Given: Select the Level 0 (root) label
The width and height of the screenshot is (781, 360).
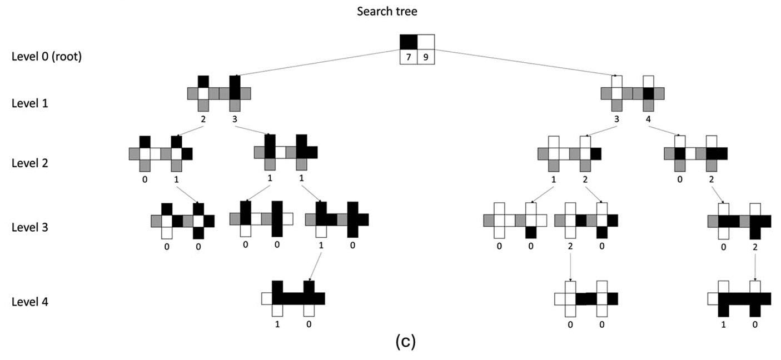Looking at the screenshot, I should tap(47, 57).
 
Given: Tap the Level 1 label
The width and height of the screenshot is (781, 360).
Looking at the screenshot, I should tap(29, 103).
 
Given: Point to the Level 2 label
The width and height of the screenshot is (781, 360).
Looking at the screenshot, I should tap(29, 163).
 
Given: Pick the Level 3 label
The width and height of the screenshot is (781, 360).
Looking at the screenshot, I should tap(29, 227).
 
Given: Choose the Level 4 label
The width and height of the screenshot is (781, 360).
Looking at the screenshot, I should tap(29, 302).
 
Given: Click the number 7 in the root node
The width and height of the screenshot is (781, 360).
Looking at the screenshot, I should tap(409, 57).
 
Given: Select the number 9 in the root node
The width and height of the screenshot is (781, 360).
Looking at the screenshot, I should tap(426, 57).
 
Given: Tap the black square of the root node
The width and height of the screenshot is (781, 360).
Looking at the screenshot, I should tap(409, 42).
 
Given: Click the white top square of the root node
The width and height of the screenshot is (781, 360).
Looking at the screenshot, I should tap(426, 42).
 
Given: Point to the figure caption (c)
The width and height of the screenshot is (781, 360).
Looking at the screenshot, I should tap(405, 342).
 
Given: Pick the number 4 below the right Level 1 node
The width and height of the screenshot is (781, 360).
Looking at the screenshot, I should tap(648, 118).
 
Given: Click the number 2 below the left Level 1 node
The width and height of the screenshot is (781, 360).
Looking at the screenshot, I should tap(203, 118).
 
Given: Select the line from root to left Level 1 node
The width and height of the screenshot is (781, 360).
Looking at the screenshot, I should tap(317, 62).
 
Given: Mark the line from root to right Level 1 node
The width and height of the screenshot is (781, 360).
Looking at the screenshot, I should tap(523, 62).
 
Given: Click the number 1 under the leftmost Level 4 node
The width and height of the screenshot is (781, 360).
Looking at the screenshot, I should tap(277, 324).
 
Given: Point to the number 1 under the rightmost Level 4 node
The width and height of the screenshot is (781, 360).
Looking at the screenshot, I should tap(723, 324).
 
